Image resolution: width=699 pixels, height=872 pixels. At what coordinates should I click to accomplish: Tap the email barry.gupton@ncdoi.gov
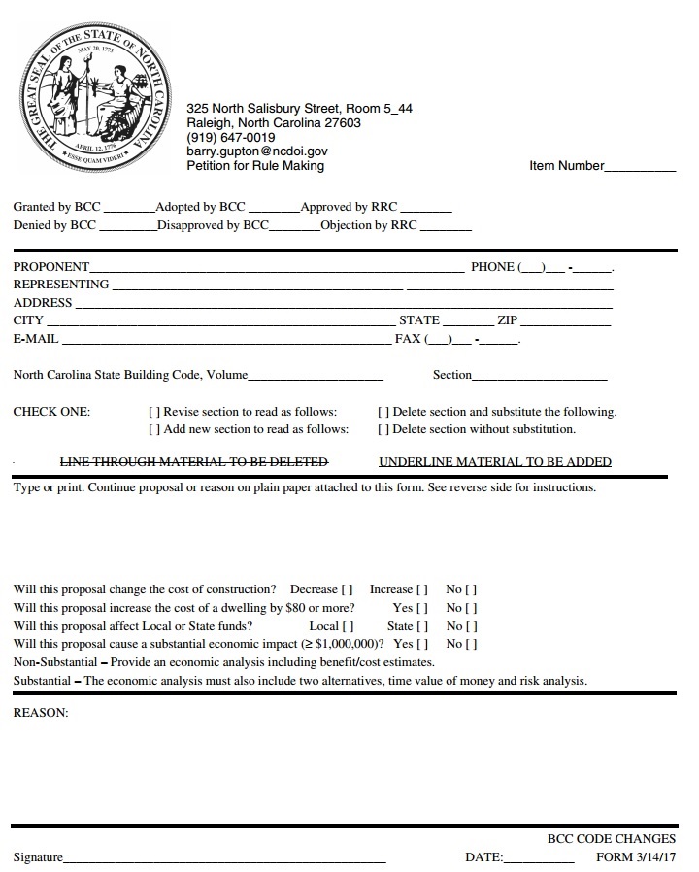256,151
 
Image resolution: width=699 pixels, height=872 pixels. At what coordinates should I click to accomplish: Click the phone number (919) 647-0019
230,137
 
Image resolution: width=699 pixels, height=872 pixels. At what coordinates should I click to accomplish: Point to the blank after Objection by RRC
446,227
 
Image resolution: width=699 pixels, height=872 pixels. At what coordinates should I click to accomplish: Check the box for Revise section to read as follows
153,412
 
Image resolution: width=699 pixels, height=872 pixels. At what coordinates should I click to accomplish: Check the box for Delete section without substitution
383,429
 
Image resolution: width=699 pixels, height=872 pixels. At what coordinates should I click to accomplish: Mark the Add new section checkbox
153,429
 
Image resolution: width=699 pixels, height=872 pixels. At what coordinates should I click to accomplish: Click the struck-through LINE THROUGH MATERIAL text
194,462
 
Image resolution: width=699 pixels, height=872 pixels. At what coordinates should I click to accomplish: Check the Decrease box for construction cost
347,589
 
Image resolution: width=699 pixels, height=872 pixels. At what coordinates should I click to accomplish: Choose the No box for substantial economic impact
471,644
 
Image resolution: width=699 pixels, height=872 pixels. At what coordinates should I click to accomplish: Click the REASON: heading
41,713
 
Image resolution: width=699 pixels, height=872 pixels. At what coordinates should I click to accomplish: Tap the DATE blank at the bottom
540,859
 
